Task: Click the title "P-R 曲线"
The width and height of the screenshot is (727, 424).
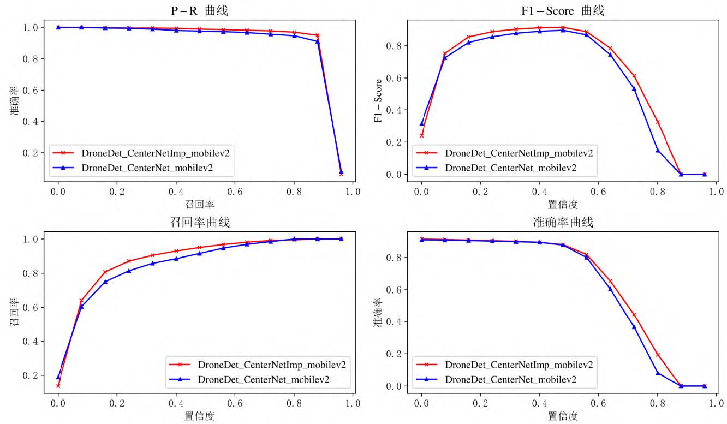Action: pos(199,10)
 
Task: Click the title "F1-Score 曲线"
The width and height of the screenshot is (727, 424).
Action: pos(563,10)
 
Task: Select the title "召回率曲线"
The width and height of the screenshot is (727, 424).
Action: pos(199,222)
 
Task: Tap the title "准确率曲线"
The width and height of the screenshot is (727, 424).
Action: pos(563,222)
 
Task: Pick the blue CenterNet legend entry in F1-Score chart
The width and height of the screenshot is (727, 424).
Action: pos(510,168)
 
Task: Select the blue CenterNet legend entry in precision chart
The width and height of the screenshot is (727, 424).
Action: pos(510,379)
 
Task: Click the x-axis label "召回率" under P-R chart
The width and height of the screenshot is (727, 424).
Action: pos(199,204)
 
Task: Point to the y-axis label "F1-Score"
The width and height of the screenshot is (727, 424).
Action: pos(378,100)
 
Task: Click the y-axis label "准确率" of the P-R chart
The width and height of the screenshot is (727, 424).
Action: pos(15,100)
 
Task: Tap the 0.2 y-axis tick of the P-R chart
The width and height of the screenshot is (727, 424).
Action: pos(31,152)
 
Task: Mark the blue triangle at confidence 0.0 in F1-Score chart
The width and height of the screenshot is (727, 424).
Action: pos(421,123)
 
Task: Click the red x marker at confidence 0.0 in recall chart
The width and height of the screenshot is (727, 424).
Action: pos(58,386)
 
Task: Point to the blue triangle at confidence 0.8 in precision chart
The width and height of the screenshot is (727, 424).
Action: pos(658,373)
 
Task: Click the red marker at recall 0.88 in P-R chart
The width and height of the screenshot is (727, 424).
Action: pos(317,35)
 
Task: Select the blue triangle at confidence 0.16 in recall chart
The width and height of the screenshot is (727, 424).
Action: pos(105,282)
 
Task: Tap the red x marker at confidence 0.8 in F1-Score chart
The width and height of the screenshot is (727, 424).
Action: pos(658,122)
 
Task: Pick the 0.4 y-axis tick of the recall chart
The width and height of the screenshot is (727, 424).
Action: pos(31,342)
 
